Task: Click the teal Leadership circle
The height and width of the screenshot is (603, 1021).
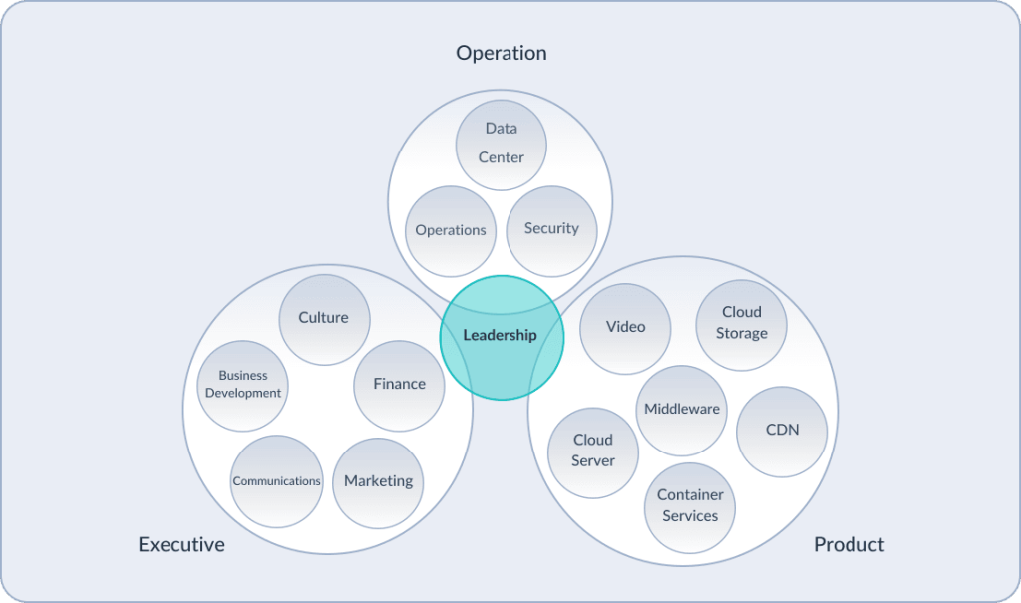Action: pos(502,337)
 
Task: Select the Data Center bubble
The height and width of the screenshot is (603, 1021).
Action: pos(501,144)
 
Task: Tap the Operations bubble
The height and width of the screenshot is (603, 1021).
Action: pos(451,230)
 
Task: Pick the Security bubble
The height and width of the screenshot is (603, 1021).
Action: pos(551,229)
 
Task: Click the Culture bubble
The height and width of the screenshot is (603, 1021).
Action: pos(324,318)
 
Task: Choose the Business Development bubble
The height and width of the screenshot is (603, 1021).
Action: pos(243,385)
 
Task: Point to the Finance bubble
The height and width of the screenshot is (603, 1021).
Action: pos(399,385)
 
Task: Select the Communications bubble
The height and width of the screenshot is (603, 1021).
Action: pos(276,481)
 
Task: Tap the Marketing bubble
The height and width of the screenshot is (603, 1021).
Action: pos(378,482)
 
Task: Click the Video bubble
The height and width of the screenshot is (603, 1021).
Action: pos(625,328)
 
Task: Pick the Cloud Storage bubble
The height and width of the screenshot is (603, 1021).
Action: pos(741,324)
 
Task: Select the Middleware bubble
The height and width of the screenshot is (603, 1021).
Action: pos(682,410)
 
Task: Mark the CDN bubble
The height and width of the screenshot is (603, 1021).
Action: pos(782,431)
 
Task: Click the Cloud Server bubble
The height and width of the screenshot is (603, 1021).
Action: pos(593,452)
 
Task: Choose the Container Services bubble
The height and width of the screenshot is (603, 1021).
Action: pos(690,506)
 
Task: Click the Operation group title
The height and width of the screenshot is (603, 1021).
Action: pos(502,53)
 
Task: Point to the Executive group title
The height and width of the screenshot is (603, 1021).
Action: pos(181,545)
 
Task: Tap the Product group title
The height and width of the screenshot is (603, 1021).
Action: pos(849,545)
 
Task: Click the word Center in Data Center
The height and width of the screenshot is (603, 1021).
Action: pos(501,157)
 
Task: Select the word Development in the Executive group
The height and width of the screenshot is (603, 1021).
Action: pos(243,394)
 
